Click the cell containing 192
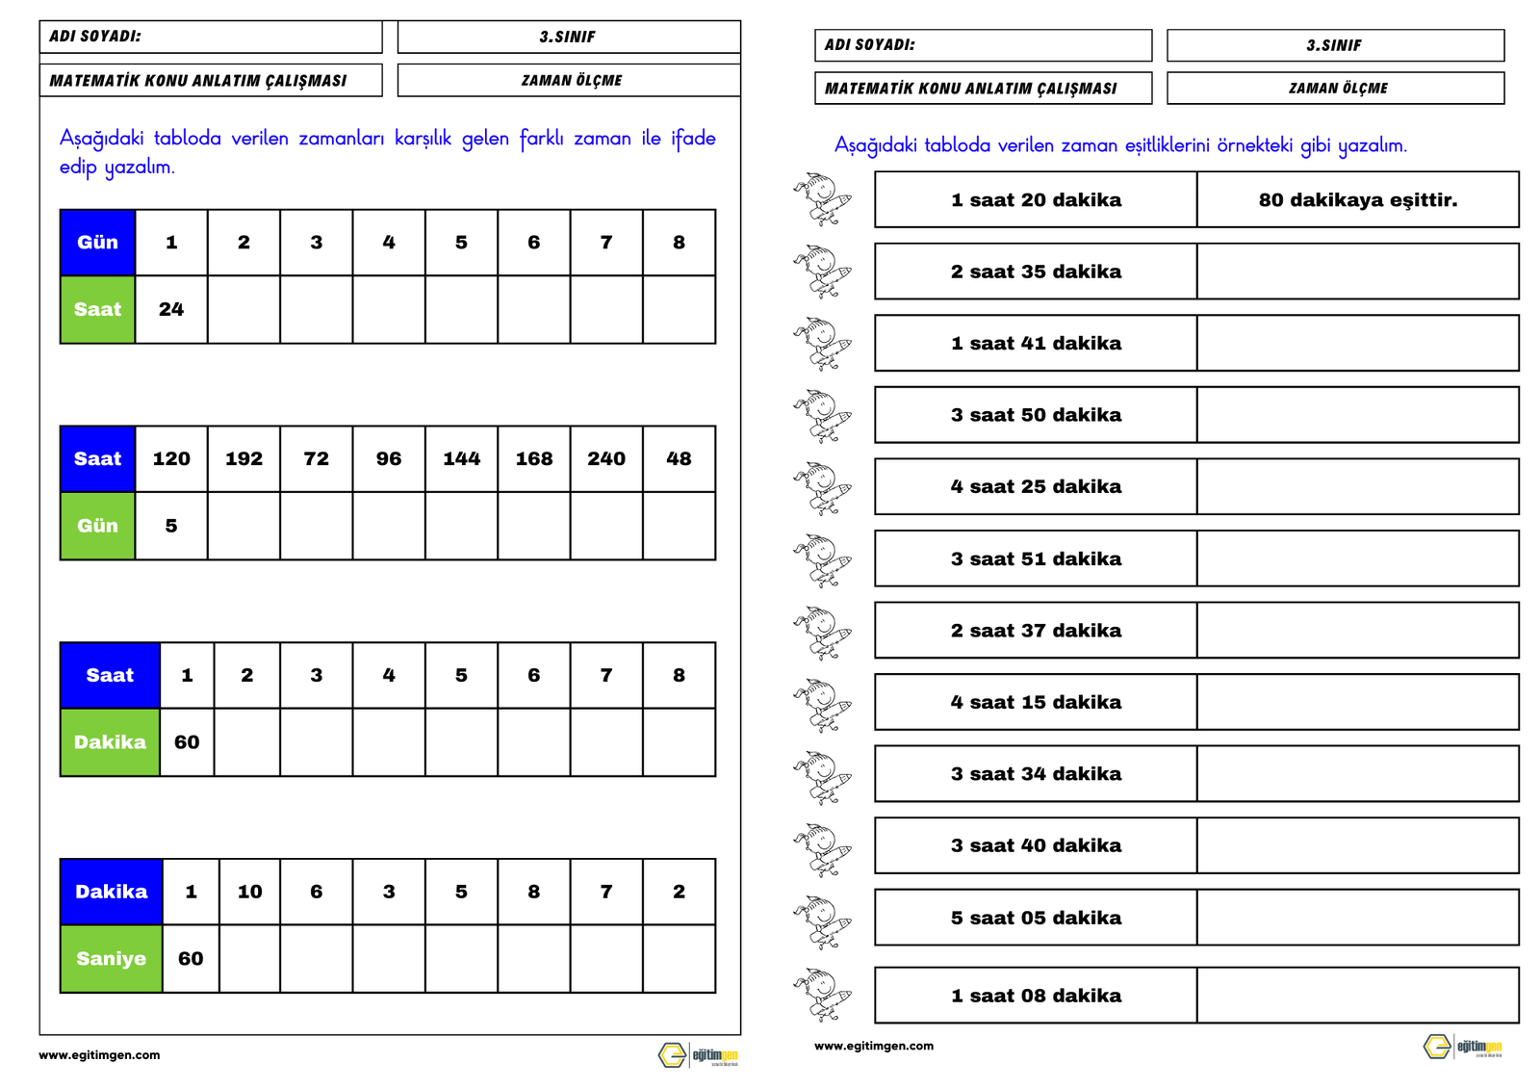click(x=244, y=459)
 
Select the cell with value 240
click(x=606, y=459)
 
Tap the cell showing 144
click(x=461, y=459)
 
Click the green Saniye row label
click(x=111, y=959)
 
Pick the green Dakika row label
click(x=110, y=742)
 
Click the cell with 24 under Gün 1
click(x=171, y=310)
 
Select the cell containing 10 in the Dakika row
click(x=249, y=892)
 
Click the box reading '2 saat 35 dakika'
click(x=1036, y=272)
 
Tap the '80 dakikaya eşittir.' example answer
click(x=1357, y=200)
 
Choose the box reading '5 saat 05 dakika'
click(x=1036, y=918)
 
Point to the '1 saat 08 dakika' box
click(x=1036, y=996)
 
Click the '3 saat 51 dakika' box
click(x=1036, y=558)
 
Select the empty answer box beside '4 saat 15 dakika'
click(x=1357, y=702)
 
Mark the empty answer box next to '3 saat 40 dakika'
click(x=1357, y=845)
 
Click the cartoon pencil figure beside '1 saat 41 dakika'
click(x=822, y=344)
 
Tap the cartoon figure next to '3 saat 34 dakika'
click(x=822, y=775)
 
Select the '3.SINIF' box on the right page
click(x=1335, y=45)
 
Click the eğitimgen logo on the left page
click(x=699, y=1055)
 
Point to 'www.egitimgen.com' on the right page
click(x=873, y=1046)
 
